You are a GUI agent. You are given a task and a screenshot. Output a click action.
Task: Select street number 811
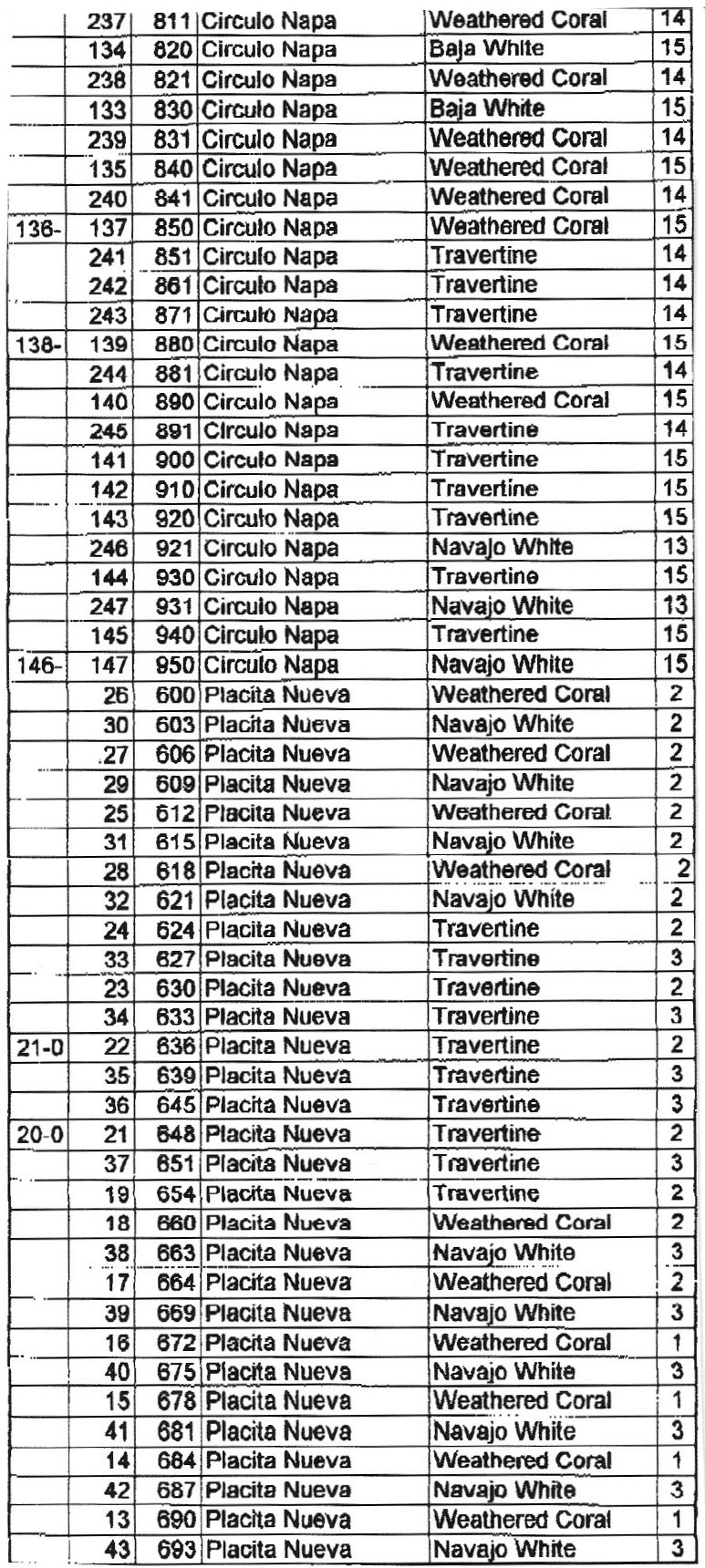coord(172,20)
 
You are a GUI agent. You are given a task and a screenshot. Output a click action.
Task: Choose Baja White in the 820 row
coord(486,49)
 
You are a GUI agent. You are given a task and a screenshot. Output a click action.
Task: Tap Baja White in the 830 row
coord(487,108)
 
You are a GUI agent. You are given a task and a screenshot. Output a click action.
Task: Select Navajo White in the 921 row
coord(502,548)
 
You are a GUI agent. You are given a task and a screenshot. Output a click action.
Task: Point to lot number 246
coord(109,548)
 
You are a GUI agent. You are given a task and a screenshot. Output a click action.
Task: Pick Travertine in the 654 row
coord(486,1193)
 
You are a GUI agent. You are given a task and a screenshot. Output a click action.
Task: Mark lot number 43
coord(117,1550)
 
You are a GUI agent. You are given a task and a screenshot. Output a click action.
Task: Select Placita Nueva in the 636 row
coord(277,1047)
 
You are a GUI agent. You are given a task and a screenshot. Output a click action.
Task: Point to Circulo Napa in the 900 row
coord(269,459)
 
